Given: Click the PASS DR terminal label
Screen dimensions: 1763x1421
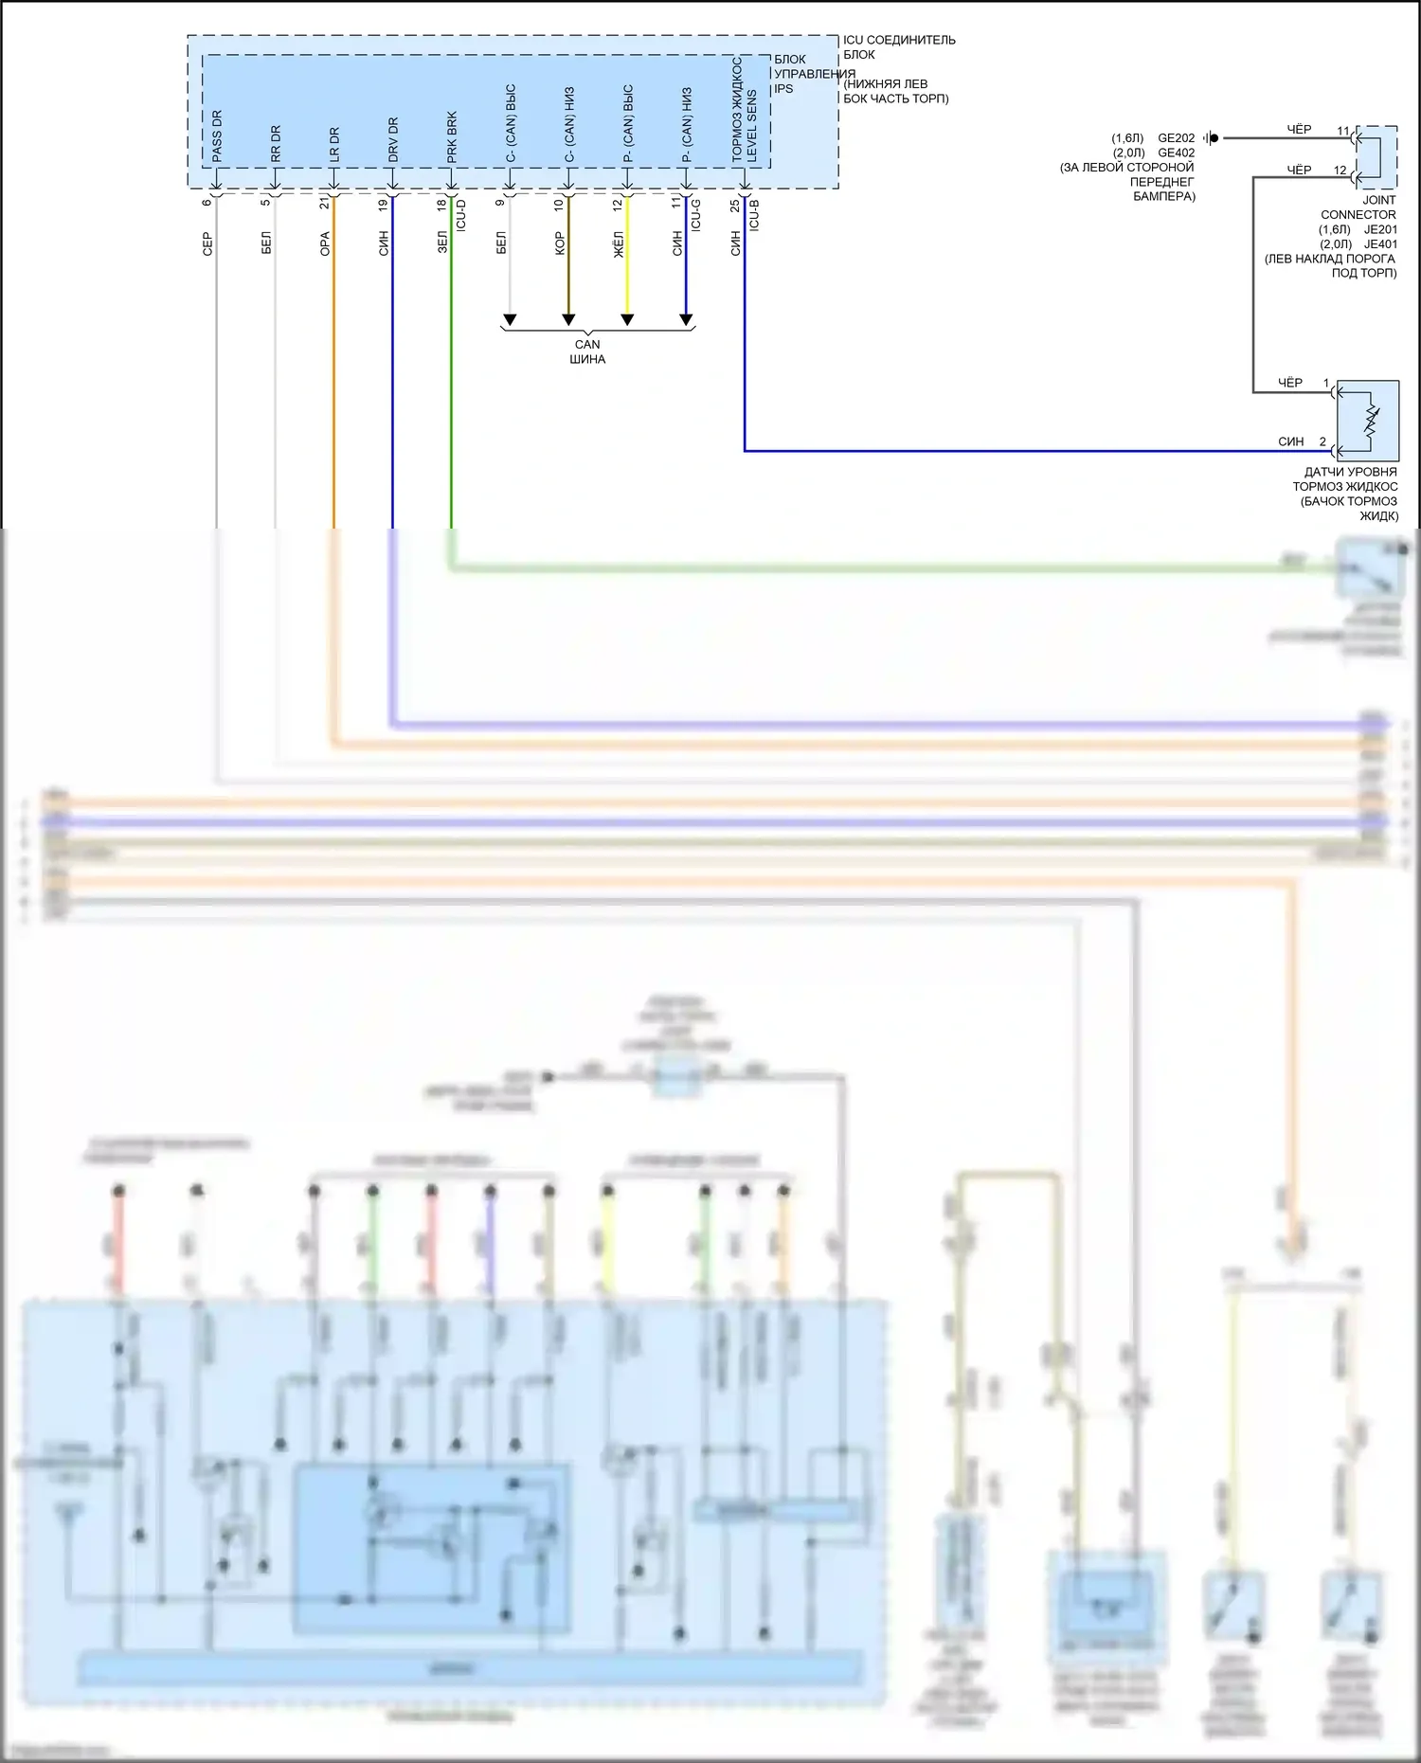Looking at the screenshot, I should [217, 135].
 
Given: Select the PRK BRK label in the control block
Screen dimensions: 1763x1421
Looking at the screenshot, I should [452, 136].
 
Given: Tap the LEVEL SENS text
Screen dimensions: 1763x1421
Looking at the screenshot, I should [752, 125].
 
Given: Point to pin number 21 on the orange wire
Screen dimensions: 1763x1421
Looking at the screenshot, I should [325, 203].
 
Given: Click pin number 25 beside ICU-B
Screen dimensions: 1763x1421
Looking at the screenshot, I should [735, 205].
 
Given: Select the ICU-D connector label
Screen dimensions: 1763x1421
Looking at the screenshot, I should [461, 215].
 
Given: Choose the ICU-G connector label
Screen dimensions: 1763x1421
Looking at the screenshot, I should [696, 215].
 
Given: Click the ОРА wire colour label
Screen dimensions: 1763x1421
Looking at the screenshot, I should [325, 243].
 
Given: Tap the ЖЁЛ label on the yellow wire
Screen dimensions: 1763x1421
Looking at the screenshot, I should [619, 243].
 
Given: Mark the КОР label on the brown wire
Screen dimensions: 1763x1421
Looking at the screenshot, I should [560, 243].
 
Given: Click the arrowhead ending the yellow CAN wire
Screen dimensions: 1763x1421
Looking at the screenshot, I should [627, 320].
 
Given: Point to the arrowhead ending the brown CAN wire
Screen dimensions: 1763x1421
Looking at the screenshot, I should [568, 320].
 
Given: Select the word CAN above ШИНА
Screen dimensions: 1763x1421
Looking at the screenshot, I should [587, 345].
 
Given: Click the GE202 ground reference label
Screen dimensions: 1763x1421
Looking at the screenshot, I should [1177, 138].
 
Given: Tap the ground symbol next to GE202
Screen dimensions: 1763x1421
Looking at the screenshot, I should [1212, 138].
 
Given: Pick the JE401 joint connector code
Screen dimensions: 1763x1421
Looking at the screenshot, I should [1380, 244].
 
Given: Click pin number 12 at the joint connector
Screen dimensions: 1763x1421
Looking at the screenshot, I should [1340, 171].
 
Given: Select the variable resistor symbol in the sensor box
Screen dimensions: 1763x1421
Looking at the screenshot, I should [1371, 419].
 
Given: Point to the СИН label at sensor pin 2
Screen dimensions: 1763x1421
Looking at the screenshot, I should [1291, 441].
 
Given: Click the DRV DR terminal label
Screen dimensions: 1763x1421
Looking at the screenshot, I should [393, 139].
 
